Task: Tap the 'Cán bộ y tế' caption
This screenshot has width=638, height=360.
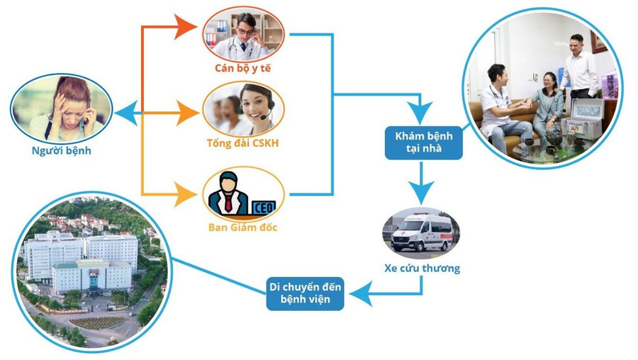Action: (x=243, y=68)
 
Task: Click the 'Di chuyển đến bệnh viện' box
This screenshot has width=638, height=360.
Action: (x=306, y=293)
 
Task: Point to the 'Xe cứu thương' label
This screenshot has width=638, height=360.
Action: (x=422, y=268)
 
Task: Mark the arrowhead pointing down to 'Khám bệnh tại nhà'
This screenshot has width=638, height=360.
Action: (x=422, y=112)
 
